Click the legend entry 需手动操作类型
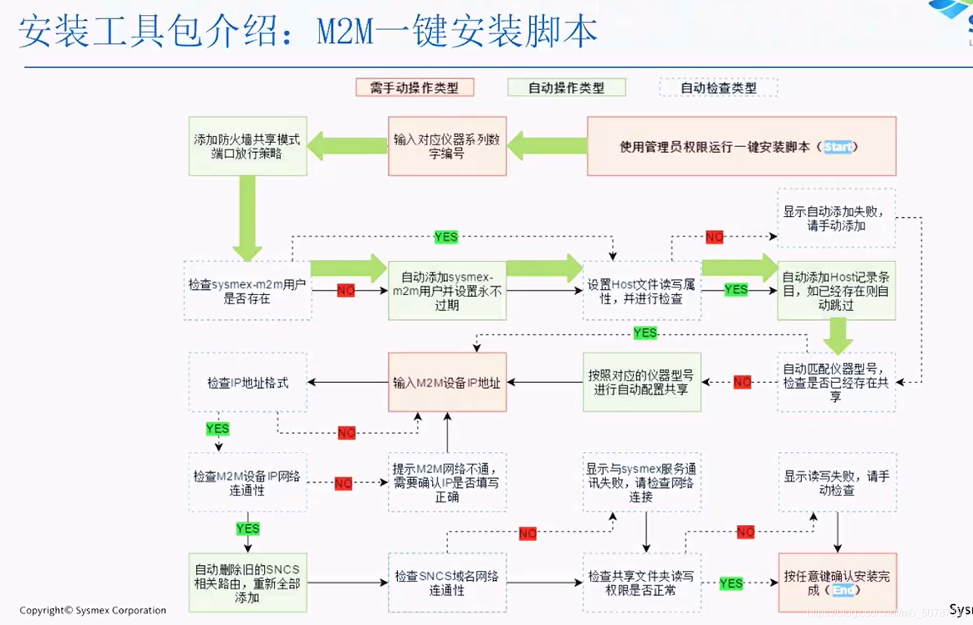click(414, 87)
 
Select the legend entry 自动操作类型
click(566, 87)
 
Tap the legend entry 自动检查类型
click(718, 87)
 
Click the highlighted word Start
click(838, 147)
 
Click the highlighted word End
click(843, 590)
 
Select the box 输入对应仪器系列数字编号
click(447, 146)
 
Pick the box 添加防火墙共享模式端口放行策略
click(247, 146)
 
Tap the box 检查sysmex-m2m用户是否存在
click(247, 291)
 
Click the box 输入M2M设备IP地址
click(447, 382)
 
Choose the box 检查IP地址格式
click(247, 382)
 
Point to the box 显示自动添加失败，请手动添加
click(836, 219)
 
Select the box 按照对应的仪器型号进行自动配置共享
click(641, 382)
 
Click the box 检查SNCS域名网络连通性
click(447, 583)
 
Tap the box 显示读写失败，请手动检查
click(837, 483)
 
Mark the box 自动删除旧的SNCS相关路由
click(247, 583)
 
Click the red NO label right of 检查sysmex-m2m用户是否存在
click(346, 291)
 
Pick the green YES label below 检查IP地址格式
click(217, 429)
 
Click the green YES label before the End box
click(731, 583)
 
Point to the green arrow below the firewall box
click(247, 218)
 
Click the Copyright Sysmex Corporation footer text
click(92, 610)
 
